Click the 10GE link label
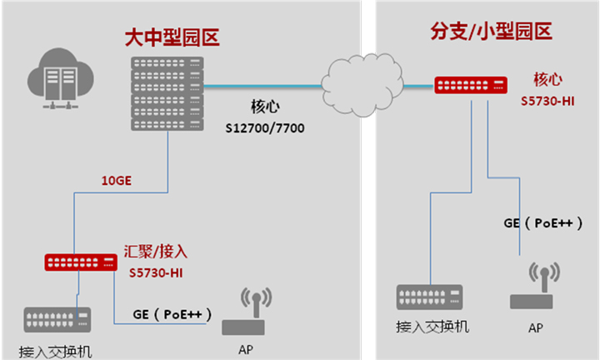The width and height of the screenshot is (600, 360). (115, 180)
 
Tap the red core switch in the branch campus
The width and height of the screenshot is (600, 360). (471, 84)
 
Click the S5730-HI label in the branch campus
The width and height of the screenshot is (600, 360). (547, 102)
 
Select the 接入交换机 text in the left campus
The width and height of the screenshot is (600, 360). (55, 350)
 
